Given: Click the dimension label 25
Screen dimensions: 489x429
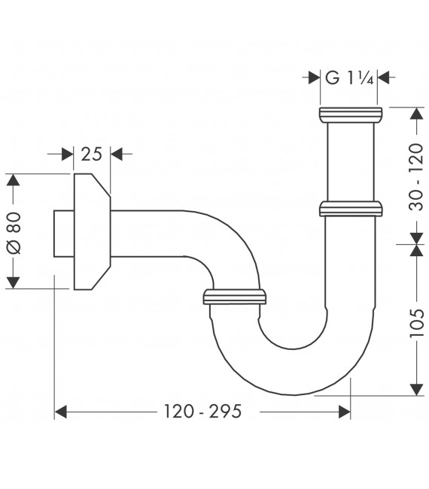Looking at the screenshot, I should tap(91, 155).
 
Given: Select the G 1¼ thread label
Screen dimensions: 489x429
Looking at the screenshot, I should tap(350, 76).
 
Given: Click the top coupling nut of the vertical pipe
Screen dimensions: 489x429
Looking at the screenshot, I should tap(351, 115).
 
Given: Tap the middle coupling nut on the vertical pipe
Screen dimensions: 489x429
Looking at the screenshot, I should tap(351, 207).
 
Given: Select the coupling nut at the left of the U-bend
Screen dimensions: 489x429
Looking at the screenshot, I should tap(235, 297).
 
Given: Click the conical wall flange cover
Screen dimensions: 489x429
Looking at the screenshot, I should tap(92, 232).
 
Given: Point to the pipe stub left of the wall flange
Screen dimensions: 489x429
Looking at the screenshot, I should tap(63, 232).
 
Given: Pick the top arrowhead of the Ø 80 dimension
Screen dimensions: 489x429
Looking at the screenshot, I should tap(13, 180).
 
